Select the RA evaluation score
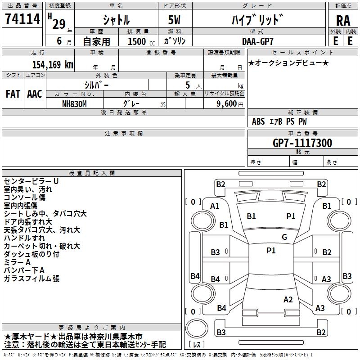click(343, 21)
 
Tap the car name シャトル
click(117, 20)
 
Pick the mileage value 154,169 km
click(52, 64)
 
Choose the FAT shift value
click(13, 94)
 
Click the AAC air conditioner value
click(35, 94)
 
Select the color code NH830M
click(75, 103)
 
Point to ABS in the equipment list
click(258, 121)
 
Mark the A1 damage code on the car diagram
click(215, 206)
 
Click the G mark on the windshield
click(284, 237)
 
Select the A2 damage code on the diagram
click(288, 300)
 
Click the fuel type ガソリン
click(175, 41)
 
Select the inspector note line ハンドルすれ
click(24, 238)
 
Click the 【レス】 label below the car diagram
click(198, 345)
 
